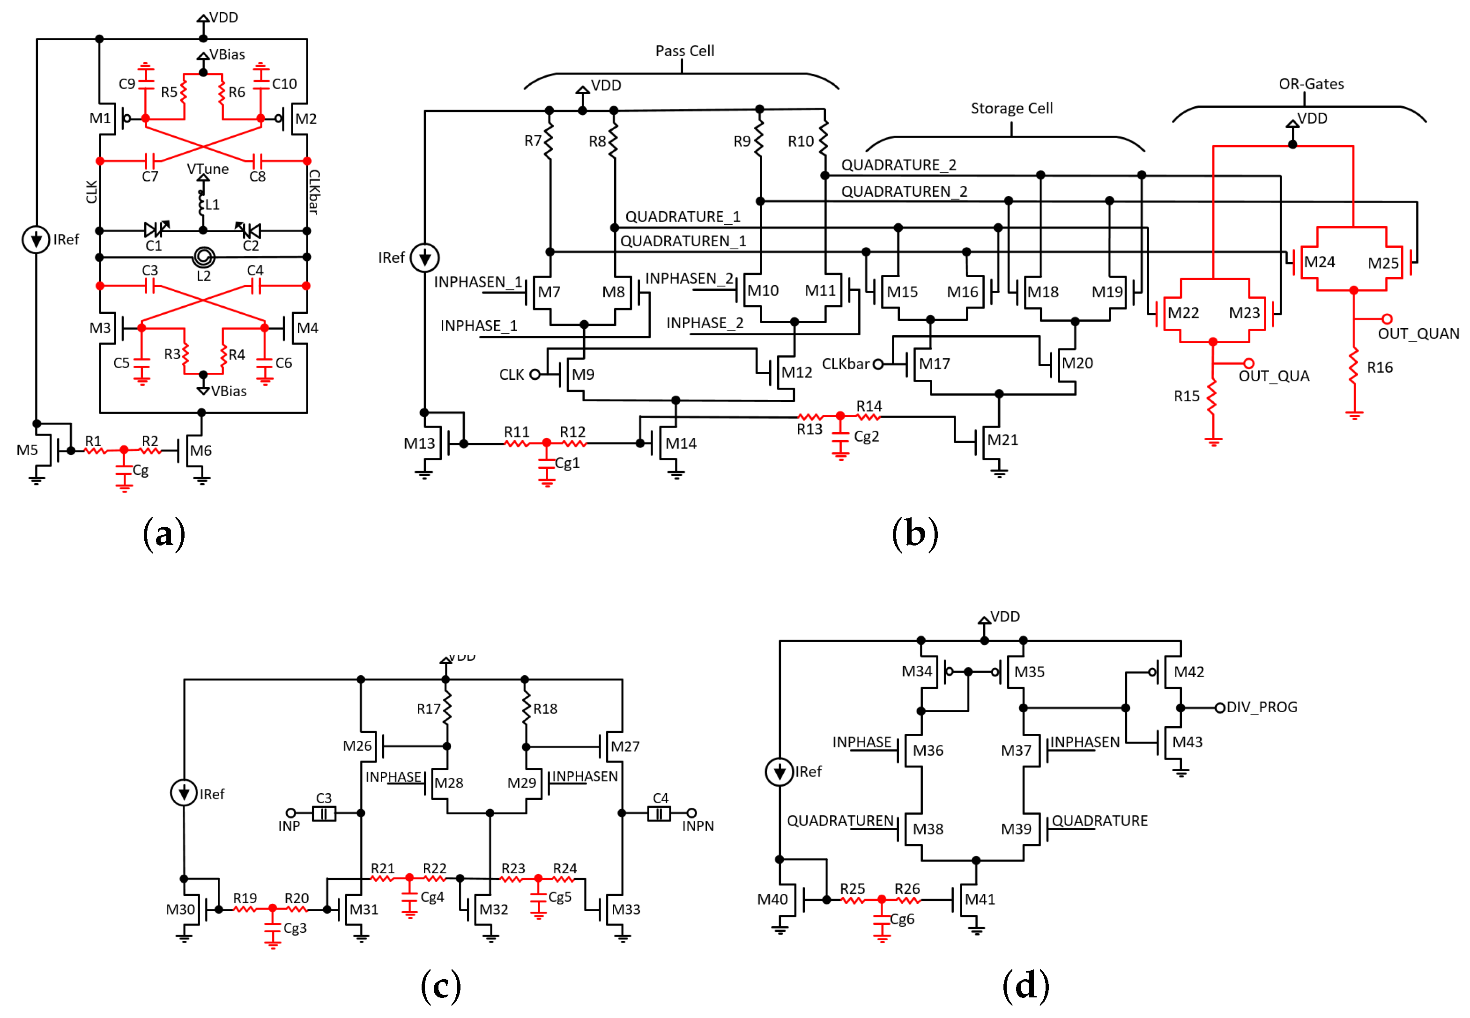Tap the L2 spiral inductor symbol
coord(203,258)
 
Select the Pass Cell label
coord(684,51)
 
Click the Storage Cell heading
coord(1011,109)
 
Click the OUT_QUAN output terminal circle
coord(1387,318)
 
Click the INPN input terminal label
coord(698,826)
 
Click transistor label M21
coord(1002,440)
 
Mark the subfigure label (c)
coord(440,986)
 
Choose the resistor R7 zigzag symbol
coord(549,141)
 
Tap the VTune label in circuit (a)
coord(208,169)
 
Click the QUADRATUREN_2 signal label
coord(904,192)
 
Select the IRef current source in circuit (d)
coord(779,772)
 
